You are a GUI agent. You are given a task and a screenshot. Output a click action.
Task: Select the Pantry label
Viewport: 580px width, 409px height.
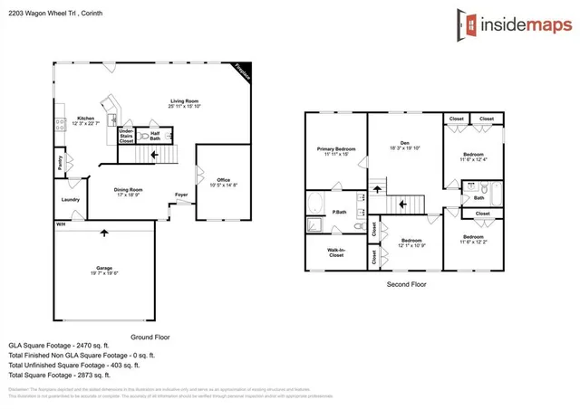(x=61, y=164)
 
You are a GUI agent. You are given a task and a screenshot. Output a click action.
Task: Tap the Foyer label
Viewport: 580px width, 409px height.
(x=182, y=194)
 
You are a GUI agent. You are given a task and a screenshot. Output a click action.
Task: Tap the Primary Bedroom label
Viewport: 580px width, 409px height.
(x=335, y=151)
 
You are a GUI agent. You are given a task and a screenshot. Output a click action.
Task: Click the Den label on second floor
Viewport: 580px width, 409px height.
(x=404, y=145)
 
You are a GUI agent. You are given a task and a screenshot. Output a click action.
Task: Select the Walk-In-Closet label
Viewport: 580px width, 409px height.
(x=330, y=252)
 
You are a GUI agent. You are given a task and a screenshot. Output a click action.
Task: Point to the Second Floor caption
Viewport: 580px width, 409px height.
(x=407, y=283)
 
